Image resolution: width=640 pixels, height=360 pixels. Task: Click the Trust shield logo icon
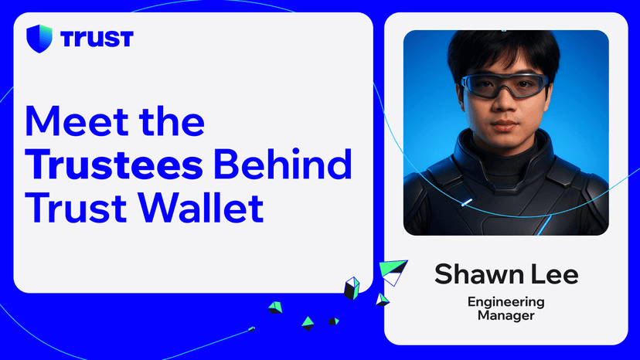point(39,38)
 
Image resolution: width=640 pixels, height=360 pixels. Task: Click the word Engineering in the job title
point(506,301)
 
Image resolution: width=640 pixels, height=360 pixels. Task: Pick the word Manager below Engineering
point(506,315)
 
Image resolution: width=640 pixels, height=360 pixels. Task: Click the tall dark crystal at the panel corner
point(352,288)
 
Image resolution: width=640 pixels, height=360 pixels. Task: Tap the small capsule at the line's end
point(252,330)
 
